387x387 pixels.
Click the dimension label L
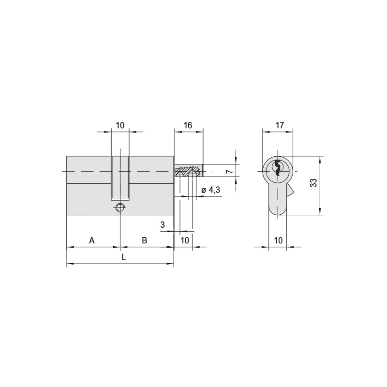click(x=124, y=257)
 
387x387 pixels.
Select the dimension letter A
click(x=92, y=240)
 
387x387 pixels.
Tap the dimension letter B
click(x=144, y=240)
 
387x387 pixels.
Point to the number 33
click(x=313, y=183)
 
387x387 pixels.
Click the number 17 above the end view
click(x=280, y=125)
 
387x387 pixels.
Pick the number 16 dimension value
click(x=188, y=125)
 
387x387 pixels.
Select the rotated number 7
click(x=229, y=171)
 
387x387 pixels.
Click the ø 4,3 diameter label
click(x=210, y=190)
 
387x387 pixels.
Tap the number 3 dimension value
click(x=163, y=225)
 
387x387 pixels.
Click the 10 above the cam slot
click(x=120, y=125)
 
